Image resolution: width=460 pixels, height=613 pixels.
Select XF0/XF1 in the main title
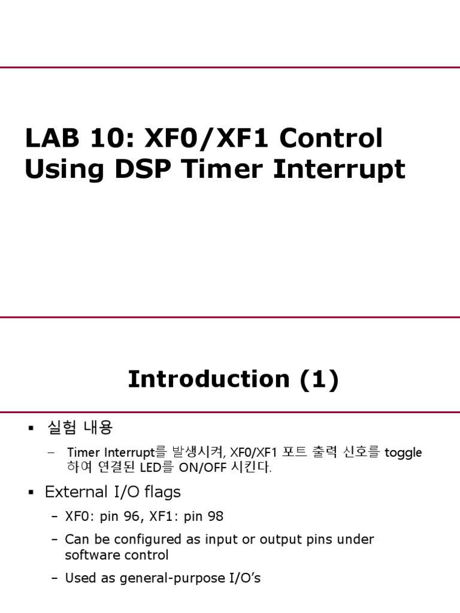click(204, 139)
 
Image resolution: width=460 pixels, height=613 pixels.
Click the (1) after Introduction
click(317, 380)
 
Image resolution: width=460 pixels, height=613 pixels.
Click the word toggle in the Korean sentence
click(403, 453)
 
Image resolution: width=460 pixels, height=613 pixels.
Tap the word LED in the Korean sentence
click(154, 468)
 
